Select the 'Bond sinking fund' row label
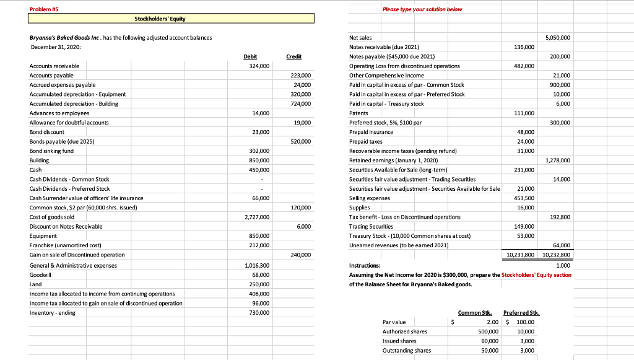(x=51, y=151)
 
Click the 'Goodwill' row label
(x=40, y=274)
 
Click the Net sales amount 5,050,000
(x=557, y=38)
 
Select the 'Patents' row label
(x=360, y=113)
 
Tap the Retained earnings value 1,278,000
(x=557, y=160)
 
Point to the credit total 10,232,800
(x=555, y=255)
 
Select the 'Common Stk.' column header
(x=472, y=313)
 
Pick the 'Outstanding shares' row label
(x=406, y=350)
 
